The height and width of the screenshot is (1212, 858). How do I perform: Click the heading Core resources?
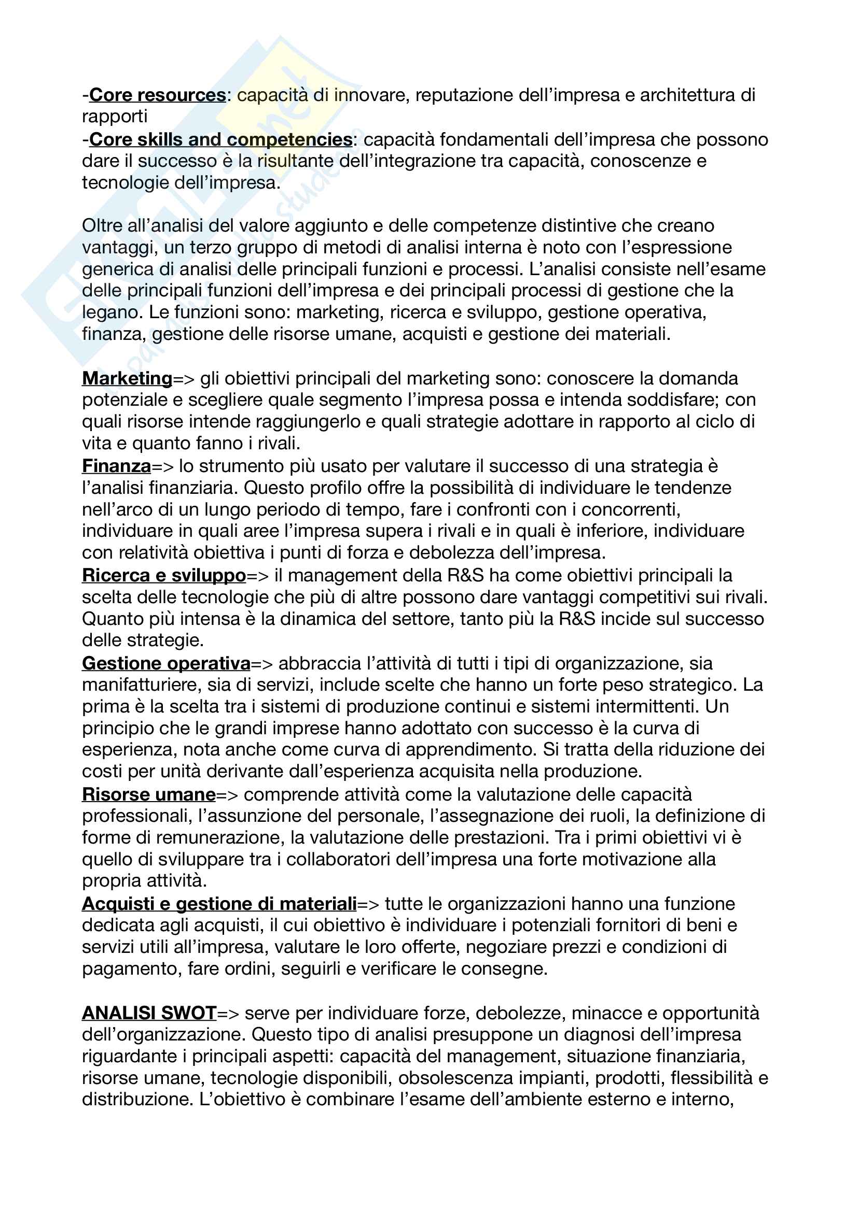[x=158, y=95]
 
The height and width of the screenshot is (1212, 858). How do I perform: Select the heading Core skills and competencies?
[x=220, y=139]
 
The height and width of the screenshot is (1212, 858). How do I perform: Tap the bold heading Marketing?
[x=127, y=378]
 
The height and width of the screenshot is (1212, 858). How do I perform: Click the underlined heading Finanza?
[x=117, y=466]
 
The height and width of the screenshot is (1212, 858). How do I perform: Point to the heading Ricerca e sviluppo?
[x=164, y=575]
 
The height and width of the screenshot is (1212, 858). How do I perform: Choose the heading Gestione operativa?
[x=166, y=663]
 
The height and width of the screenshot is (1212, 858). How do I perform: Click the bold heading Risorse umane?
[x=149, y=794]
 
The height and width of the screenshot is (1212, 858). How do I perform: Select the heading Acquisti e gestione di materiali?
[x=219, y=904]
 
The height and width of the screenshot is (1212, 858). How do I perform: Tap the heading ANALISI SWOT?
[x=149, y=1013]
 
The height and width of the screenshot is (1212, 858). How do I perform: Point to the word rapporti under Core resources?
[x=114, y=117]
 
